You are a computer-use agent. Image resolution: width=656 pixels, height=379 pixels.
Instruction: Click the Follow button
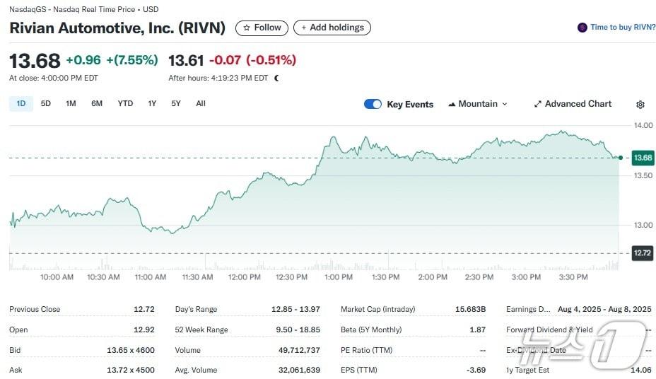[262, 28]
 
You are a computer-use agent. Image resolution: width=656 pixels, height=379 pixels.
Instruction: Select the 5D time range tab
[46, 103]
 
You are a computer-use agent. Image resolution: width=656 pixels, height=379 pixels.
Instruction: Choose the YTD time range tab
[125, 103]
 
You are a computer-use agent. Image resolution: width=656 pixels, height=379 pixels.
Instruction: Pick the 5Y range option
[176, 103]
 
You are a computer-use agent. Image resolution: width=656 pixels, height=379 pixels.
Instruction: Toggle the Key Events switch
[373, 104]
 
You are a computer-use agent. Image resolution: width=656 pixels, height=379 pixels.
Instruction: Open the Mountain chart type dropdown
[478, 104]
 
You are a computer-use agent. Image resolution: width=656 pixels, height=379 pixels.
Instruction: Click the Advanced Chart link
[573, 104]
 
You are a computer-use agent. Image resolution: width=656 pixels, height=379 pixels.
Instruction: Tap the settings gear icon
[640, 105]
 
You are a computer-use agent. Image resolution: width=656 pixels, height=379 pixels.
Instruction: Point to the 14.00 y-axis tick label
[643, 126]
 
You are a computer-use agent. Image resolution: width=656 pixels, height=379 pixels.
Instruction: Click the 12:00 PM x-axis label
[244, 277]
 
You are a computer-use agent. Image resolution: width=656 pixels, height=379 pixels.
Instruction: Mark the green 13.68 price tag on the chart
[643, 158]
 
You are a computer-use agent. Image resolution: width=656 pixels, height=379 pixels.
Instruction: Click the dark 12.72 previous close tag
[643, 253]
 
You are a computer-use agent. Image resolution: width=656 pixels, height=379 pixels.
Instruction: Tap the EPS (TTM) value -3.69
[476, 370]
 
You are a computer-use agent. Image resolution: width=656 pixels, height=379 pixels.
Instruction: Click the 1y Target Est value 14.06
[640, 370]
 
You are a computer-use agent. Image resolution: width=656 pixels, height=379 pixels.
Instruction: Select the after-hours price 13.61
[186, 60]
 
